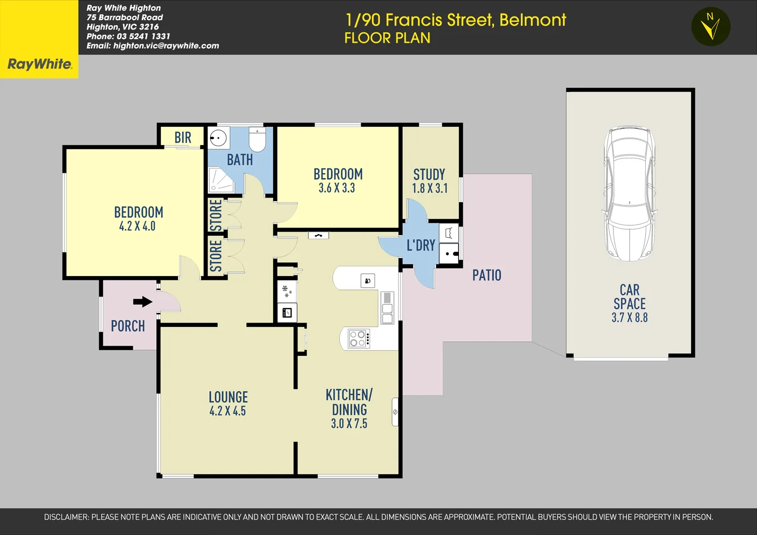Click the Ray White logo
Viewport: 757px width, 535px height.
click(39, 64)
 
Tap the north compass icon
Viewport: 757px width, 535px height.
click(710, 26)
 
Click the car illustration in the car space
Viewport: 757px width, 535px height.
click(630, 194)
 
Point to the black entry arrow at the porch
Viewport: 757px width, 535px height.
click(142, 302)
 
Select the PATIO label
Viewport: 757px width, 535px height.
click(486, 276)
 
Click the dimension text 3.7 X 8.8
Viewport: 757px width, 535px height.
click(629, 318)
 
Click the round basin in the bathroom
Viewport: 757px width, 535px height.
click(218, 138)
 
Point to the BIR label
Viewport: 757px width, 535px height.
click(182, 138)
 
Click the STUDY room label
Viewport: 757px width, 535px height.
click(429, 174)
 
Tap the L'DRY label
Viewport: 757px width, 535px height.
click(420, 246)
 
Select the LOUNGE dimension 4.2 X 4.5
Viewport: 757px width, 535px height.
click(227, 411)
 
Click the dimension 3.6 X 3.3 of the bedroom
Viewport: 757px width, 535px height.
click(337, 188)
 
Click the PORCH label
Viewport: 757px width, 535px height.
click(127, 326)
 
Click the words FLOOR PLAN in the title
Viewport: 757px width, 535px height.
click(387, 39)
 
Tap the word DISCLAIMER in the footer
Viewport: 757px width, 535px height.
click(66, 517)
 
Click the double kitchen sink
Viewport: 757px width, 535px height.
click(387, 308)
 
